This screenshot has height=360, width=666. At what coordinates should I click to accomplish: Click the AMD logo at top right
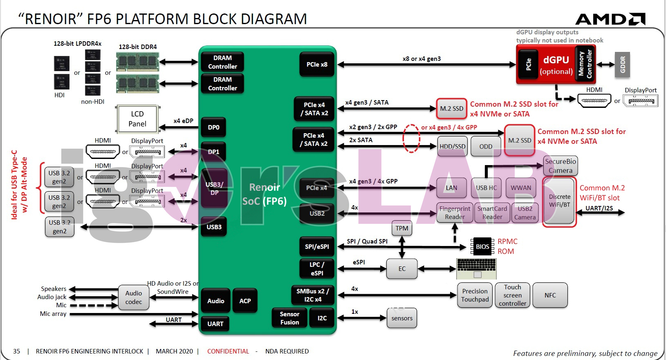click(x=610, y=19)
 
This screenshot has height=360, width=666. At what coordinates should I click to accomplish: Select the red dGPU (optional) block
click(x=556, y=65)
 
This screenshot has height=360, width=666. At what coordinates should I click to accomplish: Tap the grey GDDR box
click(x=622, y=65)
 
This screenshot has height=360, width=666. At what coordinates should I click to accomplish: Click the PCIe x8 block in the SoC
click(x=317, y=65)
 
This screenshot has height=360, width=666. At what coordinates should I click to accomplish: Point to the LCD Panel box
click(x=137, y=119)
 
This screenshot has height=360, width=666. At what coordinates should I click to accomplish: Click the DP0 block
click(x=213, y=127)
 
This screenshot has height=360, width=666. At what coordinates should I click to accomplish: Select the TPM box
click(x=401, y=228)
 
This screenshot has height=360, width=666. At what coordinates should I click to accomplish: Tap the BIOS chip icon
click(x=482, y=246)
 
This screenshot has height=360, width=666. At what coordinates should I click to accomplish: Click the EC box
click(x=402, y=268)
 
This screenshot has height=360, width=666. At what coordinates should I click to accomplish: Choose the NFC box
click(x=550, y=295)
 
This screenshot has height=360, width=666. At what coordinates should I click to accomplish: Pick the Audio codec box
click(x=134, y=297)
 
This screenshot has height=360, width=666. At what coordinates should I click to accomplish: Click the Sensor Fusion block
click(x=289, y=318)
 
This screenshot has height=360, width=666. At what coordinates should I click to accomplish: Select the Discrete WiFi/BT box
click(x=559, y=201)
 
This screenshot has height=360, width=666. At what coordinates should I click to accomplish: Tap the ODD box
click(x=486, y=146)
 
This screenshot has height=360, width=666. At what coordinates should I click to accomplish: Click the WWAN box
click(x=521, y=188)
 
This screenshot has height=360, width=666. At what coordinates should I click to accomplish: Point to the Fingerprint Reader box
click(x=455, y=212)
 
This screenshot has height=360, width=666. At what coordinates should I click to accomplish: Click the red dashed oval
click(x=411, y=138)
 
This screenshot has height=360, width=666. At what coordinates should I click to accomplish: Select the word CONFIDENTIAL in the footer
click(x=228, y=351)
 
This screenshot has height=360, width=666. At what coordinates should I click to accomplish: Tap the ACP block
click(x=245, y=301)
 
